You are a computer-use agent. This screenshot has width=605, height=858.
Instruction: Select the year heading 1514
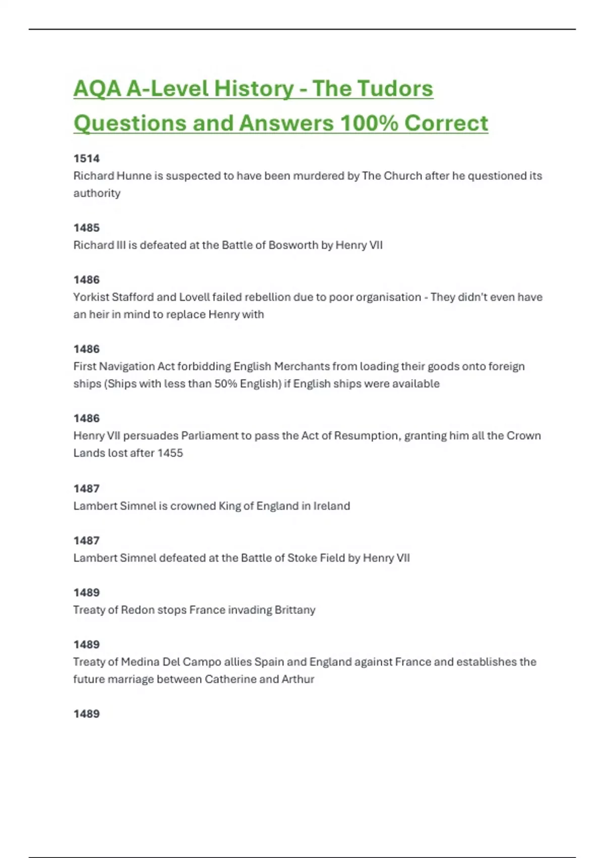point(86,158)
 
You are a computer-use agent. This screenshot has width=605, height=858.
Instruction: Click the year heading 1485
point(86,228)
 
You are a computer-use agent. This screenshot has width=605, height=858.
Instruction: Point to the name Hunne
point(134,176)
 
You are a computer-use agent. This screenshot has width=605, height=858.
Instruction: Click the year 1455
point(170,453)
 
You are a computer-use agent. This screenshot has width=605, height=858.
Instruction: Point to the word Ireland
point(331,506)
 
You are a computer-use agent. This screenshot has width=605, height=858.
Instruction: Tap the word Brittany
point(295,610)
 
